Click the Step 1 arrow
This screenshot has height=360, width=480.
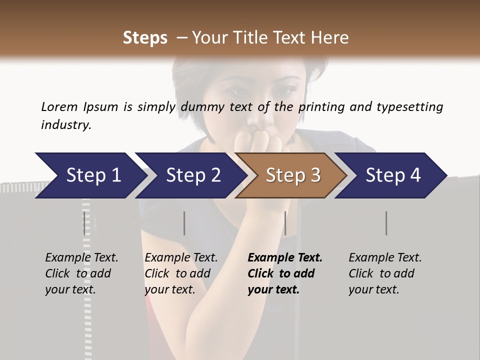(x=90, y=175)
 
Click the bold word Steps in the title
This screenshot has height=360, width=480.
(x=145, y=38)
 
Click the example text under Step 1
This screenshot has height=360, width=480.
(x=81, y=273)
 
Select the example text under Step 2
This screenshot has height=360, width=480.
(x=181, y=273)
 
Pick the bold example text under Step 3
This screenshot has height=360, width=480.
(x=285, y=273)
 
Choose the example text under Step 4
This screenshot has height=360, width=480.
(x=385, y=273)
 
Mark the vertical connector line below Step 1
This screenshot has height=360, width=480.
(x=84, y=223)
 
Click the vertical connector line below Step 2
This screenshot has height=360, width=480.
(x=184, y=223)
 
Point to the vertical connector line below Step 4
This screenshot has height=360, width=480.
(x=386, y=223)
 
